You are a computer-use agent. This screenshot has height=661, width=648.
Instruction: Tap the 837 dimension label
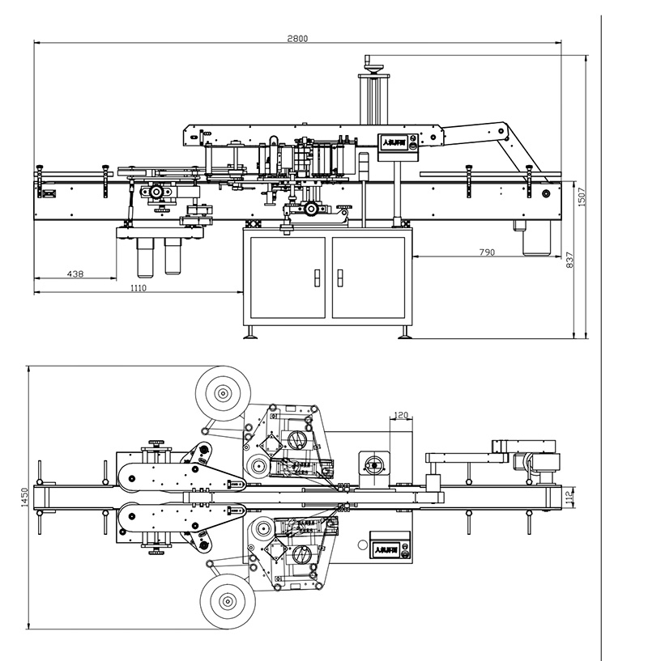click(x=569, y=260)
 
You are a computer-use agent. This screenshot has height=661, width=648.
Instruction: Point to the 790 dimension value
click(x=486, y=252)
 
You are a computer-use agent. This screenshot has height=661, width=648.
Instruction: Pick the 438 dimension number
click(x=75, y=274)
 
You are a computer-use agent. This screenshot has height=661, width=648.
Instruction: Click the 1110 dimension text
click(x=138, y=288)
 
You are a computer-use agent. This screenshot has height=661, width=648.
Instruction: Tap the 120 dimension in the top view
click(x=400, y=415)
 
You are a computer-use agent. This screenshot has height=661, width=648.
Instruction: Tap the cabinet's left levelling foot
click(x=253, y=331)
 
